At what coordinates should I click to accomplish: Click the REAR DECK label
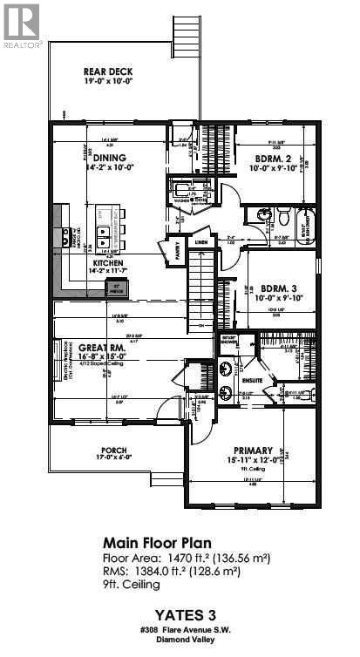tap(108, 72)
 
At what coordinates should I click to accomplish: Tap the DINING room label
tap(105, 159)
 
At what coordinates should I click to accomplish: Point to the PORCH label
tap(114, 451)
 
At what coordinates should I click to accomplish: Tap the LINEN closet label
tap(200, 243)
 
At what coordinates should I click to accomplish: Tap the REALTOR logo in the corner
tap(21, 24)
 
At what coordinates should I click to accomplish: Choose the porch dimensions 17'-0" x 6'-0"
tap(114, 463)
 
